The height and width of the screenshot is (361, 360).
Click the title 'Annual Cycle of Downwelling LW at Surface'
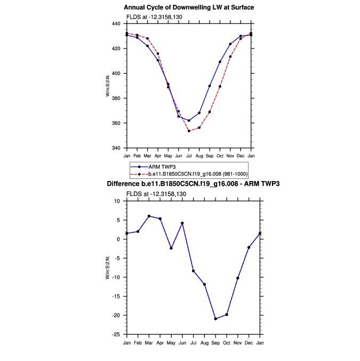tap(189, 7)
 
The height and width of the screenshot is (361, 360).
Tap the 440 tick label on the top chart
tap(117, 24)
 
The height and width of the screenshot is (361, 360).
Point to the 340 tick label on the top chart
tap(117, 148)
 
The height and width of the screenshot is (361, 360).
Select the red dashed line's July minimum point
tap(189, 131)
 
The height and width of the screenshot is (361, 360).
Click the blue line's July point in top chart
tap(189, 121)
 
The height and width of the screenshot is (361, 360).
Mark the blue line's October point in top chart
tap(220, 62)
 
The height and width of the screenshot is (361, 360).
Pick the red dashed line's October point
tap(220, 87)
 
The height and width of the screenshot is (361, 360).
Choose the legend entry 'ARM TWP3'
tap(161, 167)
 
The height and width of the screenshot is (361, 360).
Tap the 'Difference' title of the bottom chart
tap(193, 184)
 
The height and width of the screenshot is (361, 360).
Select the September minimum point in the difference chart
tap(215, 319)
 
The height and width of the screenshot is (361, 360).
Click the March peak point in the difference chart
tap(149, 216)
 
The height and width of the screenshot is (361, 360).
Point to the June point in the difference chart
tap(182, 223)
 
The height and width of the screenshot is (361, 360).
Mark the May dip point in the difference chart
tap(171, 248)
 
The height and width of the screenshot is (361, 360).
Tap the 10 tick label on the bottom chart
tap(117, 201)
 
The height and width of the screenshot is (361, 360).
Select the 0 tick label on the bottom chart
tap(118, 239)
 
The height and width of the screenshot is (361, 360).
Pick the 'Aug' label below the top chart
tap(199, 156)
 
